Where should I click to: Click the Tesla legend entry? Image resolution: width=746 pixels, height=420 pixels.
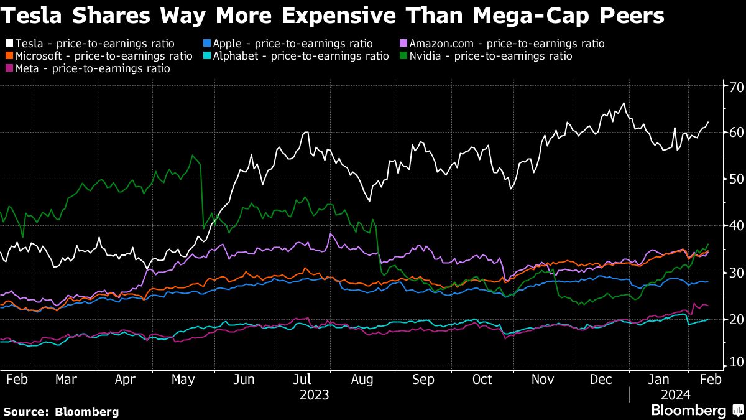pyautogui.click(x=90, y=44)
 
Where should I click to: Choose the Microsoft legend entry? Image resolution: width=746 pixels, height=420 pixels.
pyautogui.click(x=99, y=56)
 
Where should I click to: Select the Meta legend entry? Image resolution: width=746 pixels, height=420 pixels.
pyautogui.click(x=88, y=68)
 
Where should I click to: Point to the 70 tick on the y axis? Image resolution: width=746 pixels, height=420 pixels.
pyautogui.click(x=735, y=86)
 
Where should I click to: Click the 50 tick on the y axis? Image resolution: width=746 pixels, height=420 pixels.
pyautogui.click(x=735, y=179)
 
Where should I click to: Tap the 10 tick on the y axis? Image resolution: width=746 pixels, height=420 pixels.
pyautogui.click(x=735, y=362)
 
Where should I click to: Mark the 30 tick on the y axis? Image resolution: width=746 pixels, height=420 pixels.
pyautogui.click(x=735, y=273)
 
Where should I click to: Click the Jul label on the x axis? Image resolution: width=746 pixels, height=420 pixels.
pyautogui.click(x=303, y=380)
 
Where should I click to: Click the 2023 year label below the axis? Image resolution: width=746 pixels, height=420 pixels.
pyautogui.click(x=315, y=394)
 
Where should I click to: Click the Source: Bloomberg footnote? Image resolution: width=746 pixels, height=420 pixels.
pyautogui.click(x=61, y=411)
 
